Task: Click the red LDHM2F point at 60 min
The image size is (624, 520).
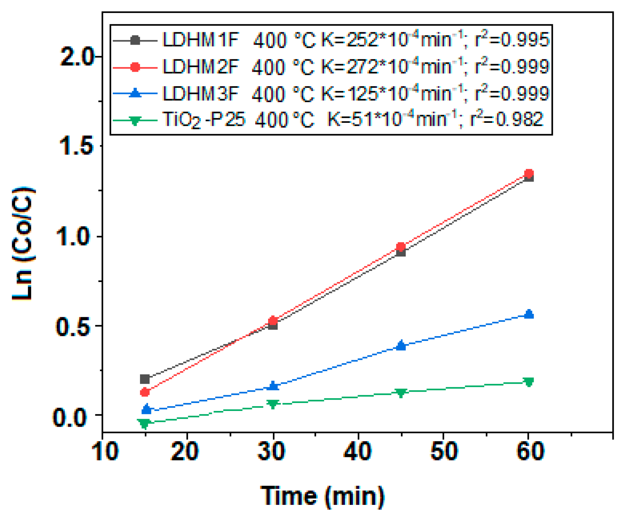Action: pos(529,173)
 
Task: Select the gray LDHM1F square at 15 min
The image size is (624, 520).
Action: pos(145,379)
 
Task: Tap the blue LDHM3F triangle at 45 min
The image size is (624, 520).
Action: pos(401,345)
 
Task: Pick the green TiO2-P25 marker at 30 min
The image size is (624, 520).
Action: pos(273,404)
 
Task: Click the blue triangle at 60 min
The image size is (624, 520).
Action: pos(529,314)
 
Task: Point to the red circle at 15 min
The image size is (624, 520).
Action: pos(145,392)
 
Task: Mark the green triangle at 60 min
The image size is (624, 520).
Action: pos(529,382)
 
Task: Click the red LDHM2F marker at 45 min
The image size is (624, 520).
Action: pos(401,247)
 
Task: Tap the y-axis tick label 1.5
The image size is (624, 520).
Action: pos(76,146)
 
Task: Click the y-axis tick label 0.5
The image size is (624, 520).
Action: pos(73,326)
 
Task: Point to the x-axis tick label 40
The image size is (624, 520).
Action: pos(358,451)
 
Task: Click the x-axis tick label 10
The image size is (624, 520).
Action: pos(105,451)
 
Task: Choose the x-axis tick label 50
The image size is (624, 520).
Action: pos(443,451)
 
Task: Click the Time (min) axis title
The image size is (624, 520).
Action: pos(323,496)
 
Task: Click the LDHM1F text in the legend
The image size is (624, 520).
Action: pos(200,40)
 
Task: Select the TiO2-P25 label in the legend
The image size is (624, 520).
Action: pos(204,120)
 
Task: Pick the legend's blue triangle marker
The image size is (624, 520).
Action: pos(135,93)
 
